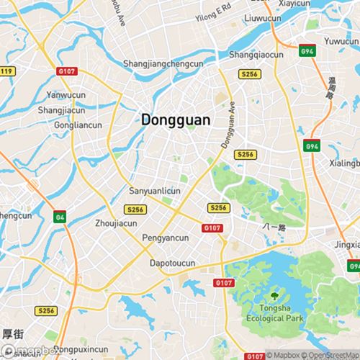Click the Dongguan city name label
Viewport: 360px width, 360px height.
[x=176, y=120]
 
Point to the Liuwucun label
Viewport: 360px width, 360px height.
[x=263, y=17]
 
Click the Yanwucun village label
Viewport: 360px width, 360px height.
[x=65, y=94]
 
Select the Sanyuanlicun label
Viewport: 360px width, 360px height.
[x=154, y=191]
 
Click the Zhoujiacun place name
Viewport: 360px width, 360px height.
[x=116, y=223]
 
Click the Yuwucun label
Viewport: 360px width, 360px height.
[x=341, y=41]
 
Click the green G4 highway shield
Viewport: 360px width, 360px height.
[x=59, y=216]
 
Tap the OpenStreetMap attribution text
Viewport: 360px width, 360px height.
[x=332, y=355]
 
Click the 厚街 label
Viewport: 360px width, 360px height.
[x=13, y=334]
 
